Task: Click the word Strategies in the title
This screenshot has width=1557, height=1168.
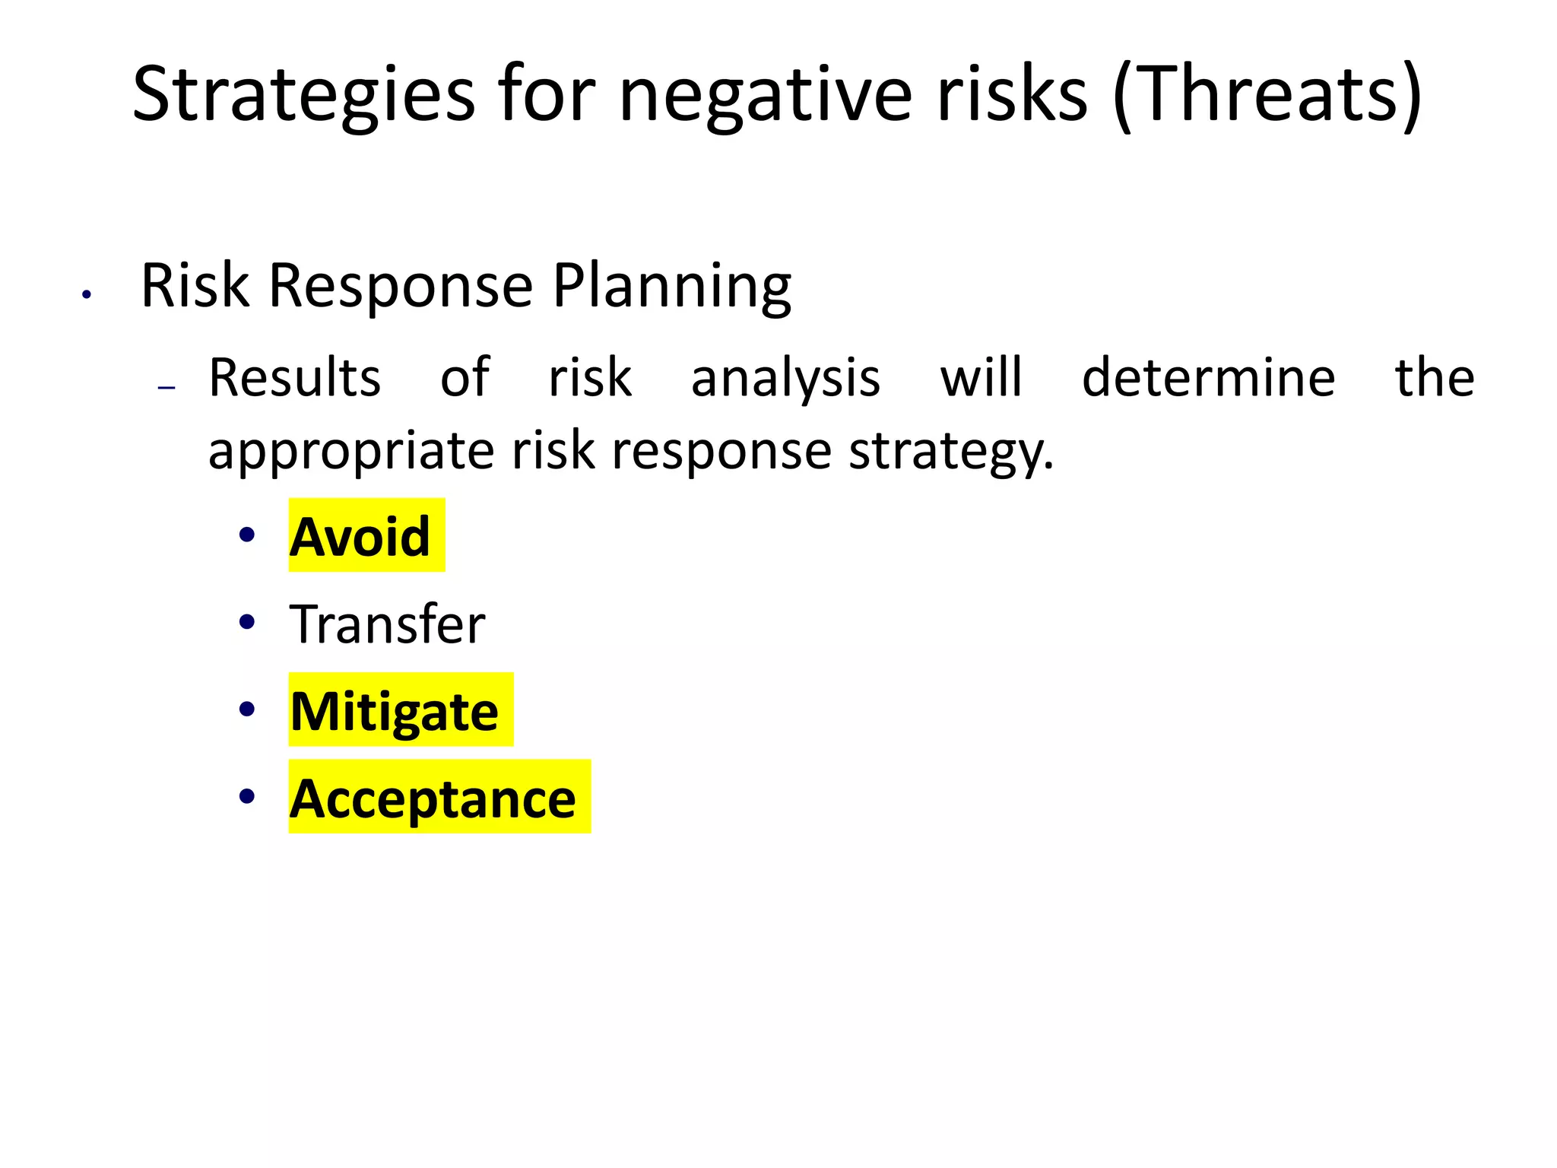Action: (x=303, y=95)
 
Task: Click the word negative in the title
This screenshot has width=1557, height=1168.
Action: (x=765, y=95)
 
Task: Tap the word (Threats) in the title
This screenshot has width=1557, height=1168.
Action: (x=1267, y=95)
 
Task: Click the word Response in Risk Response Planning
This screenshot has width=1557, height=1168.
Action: (x=401, y=287)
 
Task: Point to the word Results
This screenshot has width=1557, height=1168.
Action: (x=295, y=377)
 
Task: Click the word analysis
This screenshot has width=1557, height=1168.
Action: (x=785, y=379)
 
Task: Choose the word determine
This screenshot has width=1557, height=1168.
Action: (x=1208, y=377)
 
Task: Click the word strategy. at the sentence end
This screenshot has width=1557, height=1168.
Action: (x=951, y=452)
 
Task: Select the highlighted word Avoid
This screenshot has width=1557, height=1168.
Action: (x=360, y=537)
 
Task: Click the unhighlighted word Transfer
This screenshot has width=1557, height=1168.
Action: (x=387, y=624)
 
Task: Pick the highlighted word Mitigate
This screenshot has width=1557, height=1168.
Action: (x=395, y=711)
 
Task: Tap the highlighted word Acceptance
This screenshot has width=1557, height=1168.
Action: (x=433, y=798)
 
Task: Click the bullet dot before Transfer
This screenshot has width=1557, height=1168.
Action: (x=246, y=623)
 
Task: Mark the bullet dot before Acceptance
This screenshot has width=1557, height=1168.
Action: (x=246, y=796)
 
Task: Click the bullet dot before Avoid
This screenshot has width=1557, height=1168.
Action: (x=246, y=535)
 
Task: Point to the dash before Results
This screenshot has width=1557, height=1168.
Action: (x=166, y=388)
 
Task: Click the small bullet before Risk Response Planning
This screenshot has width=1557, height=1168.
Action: (x=87, y=295)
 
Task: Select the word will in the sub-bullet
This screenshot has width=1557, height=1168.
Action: (x=981, y=377)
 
